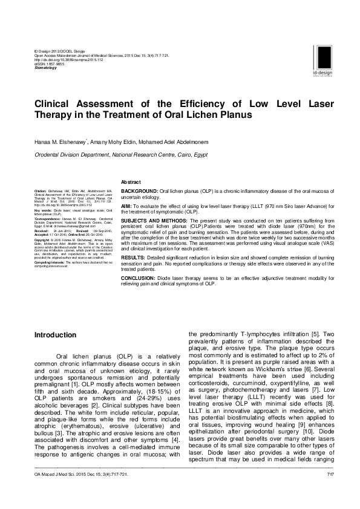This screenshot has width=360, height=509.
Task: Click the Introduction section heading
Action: click(x=55, y=334)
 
